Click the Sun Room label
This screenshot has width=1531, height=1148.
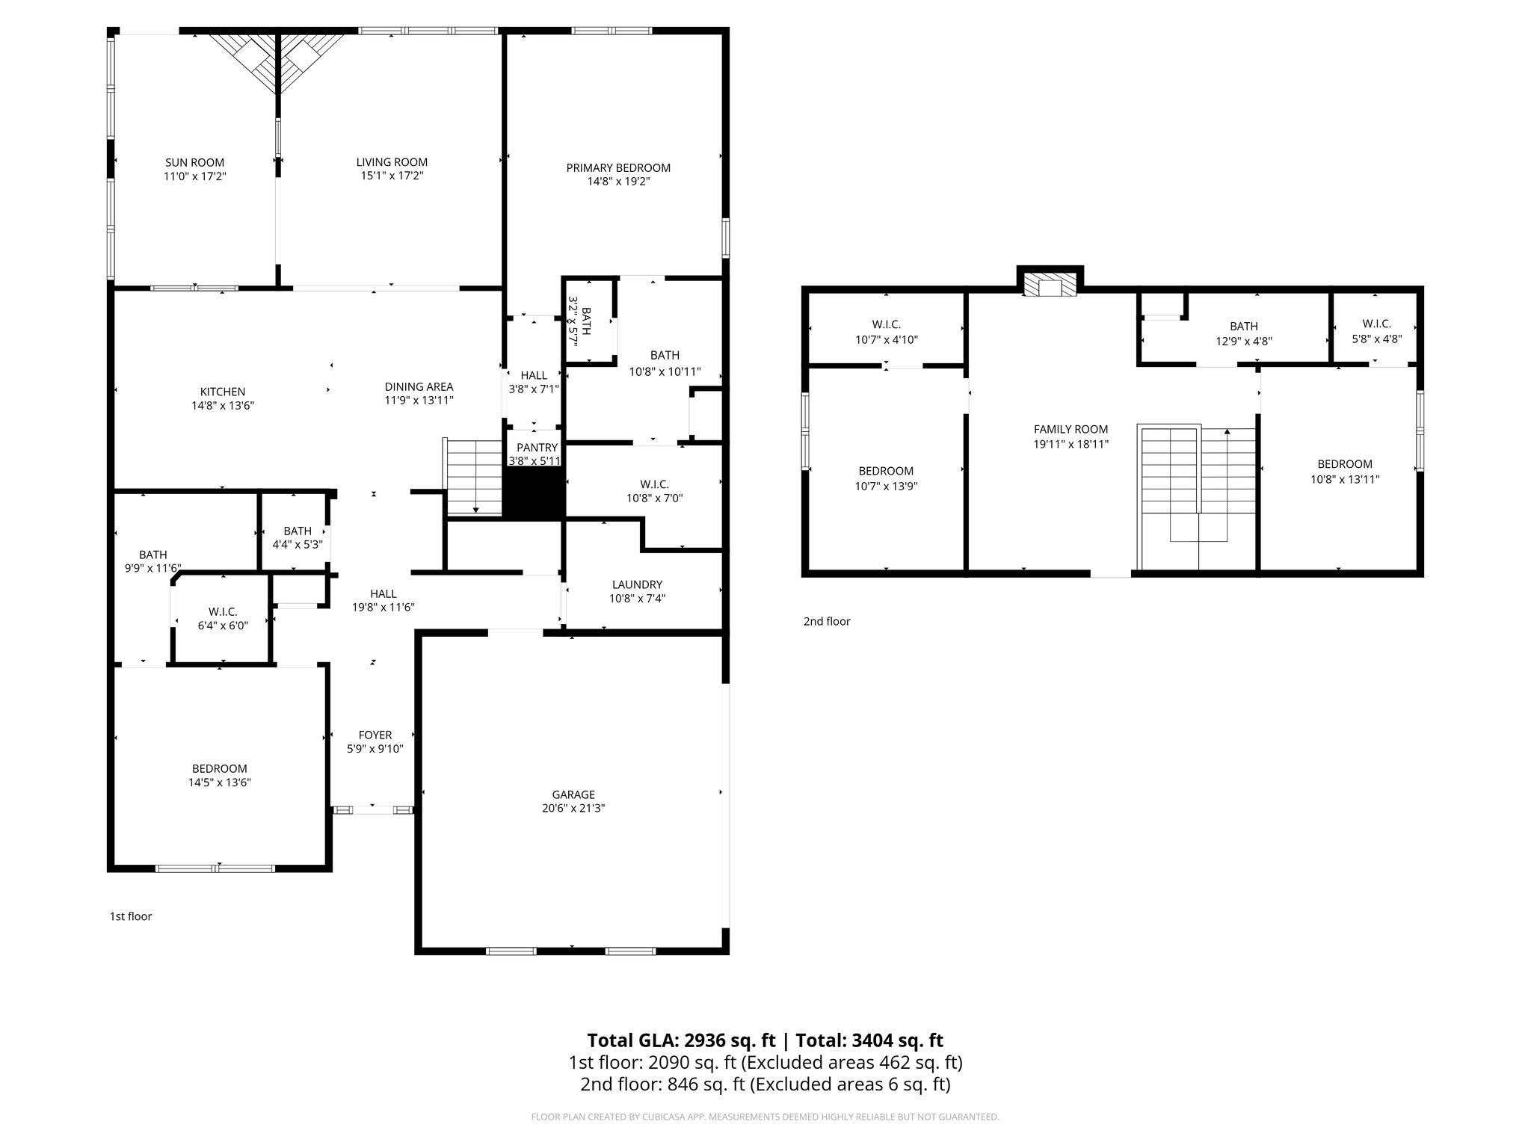(194, 162)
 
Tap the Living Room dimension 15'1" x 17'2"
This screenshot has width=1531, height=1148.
(392, 176)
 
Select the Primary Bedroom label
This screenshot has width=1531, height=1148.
(617, 167)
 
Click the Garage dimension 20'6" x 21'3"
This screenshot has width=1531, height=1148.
(573, 808)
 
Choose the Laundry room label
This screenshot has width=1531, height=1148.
(637, 584)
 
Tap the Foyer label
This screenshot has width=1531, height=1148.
(375, 735)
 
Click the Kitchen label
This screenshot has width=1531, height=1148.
(222, 392)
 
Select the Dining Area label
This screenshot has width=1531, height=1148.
(419, 386)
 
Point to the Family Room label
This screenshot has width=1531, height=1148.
(1071, 429)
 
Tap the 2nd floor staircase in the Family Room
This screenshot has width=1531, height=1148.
(1196, 486)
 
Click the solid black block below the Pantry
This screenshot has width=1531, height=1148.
(532, 494)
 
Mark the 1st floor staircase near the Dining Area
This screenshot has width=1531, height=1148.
(473, 478)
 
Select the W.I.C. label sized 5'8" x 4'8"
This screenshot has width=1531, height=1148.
(1376, 324)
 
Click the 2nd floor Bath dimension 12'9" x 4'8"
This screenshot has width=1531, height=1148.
(1244, 340)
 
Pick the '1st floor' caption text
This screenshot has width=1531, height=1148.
(131, 916)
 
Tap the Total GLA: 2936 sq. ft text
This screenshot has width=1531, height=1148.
(681, 1040)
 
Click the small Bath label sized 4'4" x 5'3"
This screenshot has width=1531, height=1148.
(297, 531)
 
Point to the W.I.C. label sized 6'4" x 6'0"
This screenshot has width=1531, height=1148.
(223, 612)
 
